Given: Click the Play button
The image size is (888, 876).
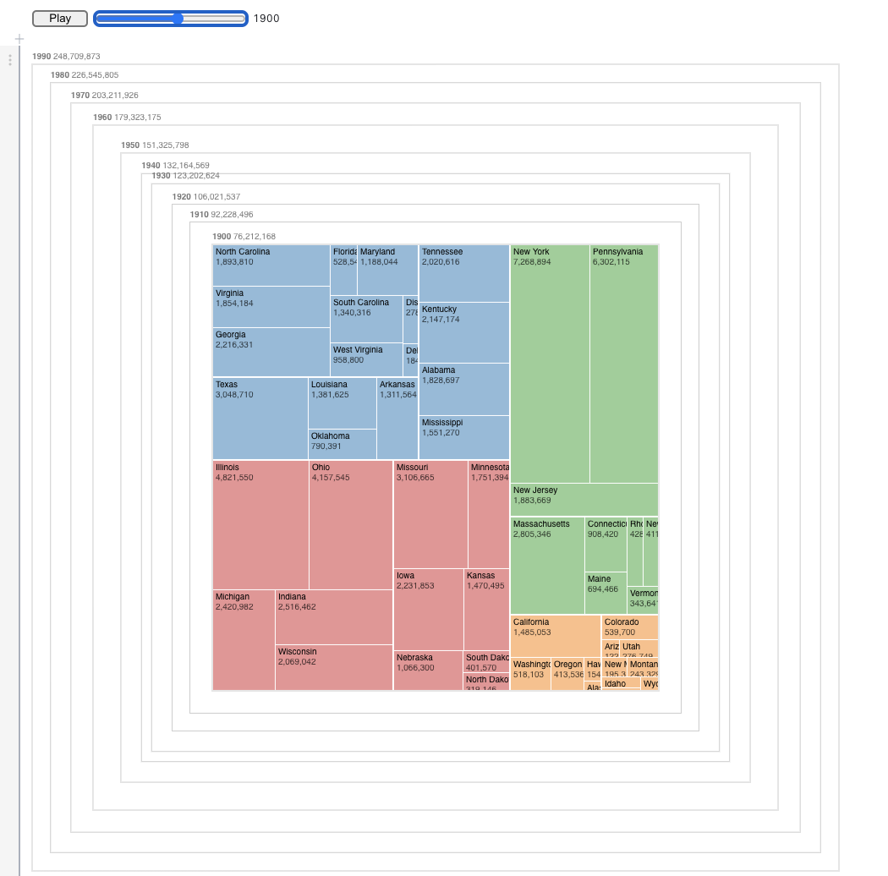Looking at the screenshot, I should pyautogui.click(x=60, y=19).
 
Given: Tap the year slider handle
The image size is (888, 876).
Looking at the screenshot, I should pyautogui.click(x=178, y=19).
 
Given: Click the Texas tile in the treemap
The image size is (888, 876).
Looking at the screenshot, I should pyautogui.click(x=260, y=418).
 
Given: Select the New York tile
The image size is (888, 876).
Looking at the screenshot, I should pyautogui.click(x=550, y=364).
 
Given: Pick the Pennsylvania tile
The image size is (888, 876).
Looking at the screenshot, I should pyautogui.click(x=624, y=364).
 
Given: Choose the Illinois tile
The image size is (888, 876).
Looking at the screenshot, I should pyautogui.click(x=260, y=524).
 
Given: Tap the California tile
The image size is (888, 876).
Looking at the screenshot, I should pyautogui.click(x=556, y=637).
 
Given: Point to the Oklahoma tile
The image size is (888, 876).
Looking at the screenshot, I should pyautogui.click(x=343, y=444).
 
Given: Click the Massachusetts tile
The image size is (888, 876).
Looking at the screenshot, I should pyautogui.click(x=547, y=565).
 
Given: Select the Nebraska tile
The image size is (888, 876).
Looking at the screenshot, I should pyautogui.click(x=428, y=670).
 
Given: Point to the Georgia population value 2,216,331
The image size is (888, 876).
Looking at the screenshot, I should pyautogui.click(x=234, y=345).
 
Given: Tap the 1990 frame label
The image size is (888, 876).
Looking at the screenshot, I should pyautogui.click(x=41, y=57).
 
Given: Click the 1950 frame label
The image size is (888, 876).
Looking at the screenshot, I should pyautogui.click(x=130, y=145).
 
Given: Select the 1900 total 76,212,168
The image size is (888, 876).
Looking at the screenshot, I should pyautogui.click(x=255, y=237).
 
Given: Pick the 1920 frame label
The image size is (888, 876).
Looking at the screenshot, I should pyautogui.click(x=181, y=197).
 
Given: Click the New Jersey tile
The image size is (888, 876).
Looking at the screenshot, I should pyautogui.click(x=584, y=500).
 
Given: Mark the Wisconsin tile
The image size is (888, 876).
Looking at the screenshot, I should pyautogui.click(x=334, y=667).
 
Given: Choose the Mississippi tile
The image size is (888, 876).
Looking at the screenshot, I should pyautogui.click(x=464, y=437).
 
